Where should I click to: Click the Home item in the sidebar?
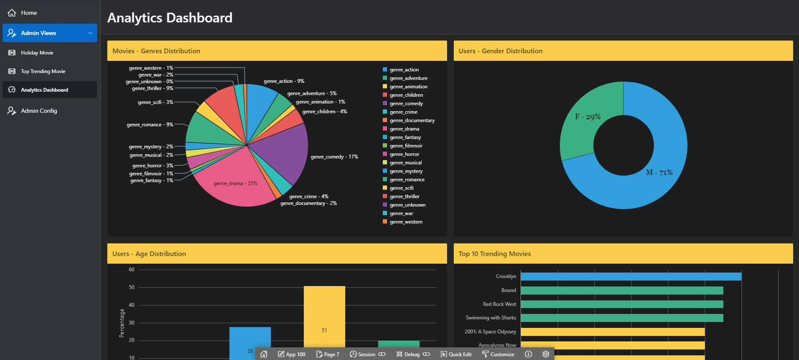[x=29, y=13]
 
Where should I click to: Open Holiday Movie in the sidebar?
[x=37, y=53]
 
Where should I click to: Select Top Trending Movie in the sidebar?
[x=43, y=71]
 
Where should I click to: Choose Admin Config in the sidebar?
[x=39, y=111]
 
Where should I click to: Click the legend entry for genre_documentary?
[x=412, y=120]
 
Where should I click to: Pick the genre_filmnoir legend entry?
[x=406, y=146]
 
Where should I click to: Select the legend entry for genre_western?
[x=406, y=222]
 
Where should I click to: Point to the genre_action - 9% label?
[x=284, y=81]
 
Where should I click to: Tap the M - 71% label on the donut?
[x=659, y=172]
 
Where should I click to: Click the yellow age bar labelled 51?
[x=324, y=321]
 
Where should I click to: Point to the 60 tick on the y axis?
[x=131, y=270]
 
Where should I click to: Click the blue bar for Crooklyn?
[x=631, y=276]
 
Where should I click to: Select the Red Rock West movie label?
[x=499, y=304]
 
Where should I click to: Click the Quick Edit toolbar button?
[x=456, y=354]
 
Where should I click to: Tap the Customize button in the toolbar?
[x=498, y=354]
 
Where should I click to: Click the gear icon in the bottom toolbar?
[x=546, y=354]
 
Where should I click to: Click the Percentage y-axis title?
[x=122, y=323]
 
